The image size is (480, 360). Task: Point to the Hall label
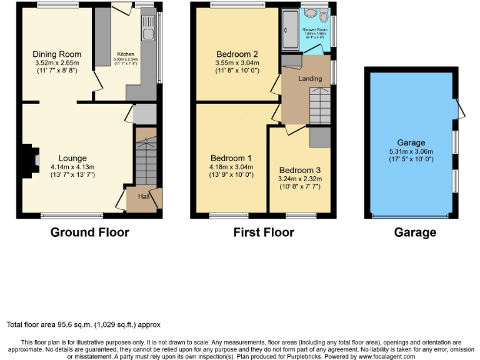[x=143, y=196]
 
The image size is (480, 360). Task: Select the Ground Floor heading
[x=89, y=232]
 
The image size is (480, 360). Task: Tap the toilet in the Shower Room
[x=322, y=16]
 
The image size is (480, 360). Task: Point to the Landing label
[x=310, y=79]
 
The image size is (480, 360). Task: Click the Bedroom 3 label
[x=300, y=170]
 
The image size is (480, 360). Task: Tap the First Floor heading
[x=263, y=232]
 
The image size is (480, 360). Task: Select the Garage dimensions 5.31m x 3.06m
[x=411, y=151]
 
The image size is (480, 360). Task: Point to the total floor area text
[x=84, y=324]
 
